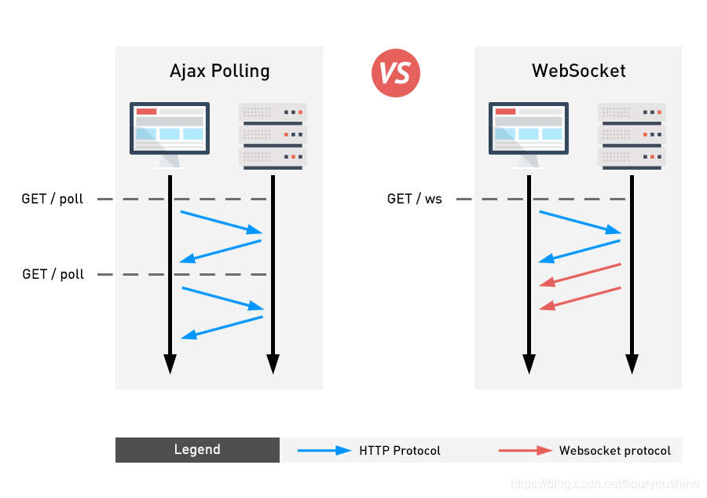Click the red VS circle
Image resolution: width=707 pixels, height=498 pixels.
pos(395,73)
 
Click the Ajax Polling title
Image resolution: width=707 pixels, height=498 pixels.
pos(220,71)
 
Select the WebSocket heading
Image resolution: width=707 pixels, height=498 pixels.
pos(578,71)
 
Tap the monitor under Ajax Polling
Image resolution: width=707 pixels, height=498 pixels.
pos(170,135)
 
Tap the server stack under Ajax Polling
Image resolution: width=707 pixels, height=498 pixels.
pos(273,136)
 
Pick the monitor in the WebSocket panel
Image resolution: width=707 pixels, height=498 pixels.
pos(529,135)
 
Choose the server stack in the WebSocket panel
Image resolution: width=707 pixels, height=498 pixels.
pos(632,136)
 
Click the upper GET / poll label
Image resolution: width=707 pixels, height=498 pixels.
pos(53,199)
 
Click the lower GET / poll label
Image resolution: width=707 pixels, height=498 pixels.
pos(53,274)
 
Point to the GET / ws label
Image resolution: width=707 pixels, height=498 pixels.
pos(414,199)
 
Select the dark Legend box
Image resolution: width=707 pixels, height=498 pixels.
pos(197,450)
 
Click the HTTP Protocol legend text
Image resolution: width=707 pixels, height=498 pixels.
pos(400,451)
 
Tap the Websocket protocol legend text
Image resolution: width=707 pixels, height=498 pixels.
pos(615,451)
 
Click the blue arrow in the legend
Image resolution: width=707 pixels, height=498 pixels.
pos(324,450)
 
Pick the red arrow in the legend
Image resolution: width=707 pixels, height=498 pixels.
pos(526,450)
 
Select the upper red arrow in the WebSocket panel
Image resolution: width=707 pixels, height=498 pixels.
pos(580,275)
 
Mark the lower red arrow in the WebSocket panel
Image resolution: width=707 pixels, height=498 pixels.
pos(580,298)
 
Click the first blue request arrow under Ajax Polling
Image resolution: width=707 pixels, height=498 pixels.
pos(221,222)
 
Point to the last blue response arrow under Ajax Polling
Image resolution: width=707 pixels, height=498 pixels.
pos(222,328)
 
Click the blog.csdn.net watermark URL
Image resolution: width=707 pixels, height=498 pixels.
pos(605,484)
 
